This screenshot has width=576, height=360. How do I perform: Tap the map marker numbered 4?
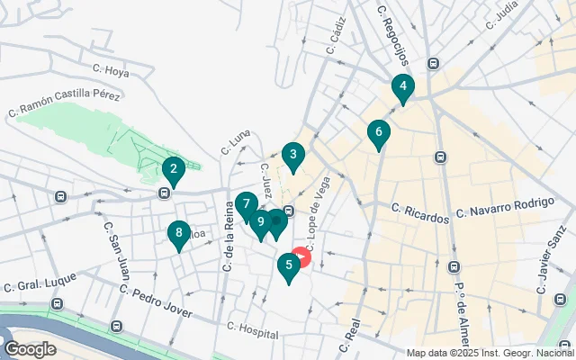point(402,88)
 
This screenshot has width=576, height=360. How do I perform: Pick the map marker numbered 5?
point(288,265)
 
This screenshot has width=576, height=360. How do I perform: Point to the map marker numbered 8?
point(179,234)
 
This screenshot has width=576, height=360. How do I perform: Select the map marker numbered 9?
point(261,221)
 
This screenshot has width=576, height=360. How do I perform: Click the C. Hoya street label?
point(112,67)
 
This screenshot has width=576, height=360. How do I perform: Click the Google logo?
point(30,348)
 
